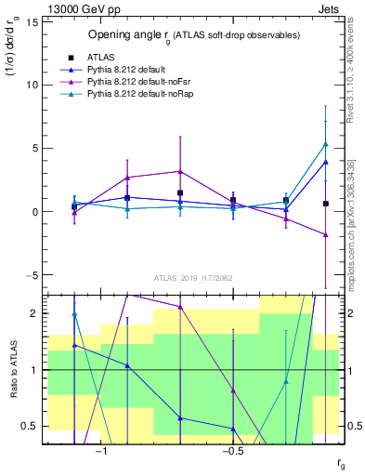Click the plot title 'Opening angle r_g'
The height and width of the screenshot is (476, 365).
194,35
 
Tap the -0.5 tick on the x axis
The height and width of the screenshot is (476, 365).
232,451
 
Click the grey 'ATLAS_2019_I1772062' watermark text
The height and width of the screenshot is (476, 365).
193,277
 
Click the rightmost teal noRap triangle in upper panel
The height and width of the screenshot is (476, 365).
325,144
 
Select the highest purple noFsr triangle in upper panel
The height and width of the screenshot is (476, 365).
179,171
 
